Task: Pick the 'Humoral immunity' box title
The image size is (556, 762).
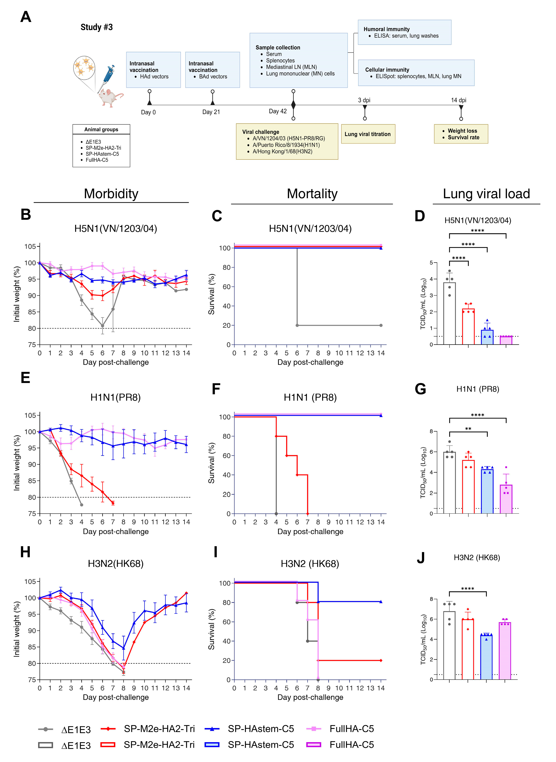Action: (x=386, y=29)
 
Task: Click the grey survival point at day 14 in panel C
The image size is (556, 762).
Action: (x=381, y=325)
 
